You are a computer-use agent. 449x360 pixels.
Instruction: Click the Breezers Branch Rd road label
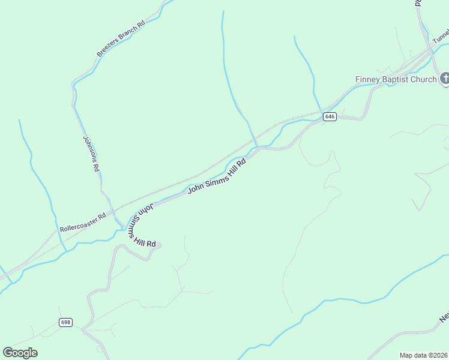121,39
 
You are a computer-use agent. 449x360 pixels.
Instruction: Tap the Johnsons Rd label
91,154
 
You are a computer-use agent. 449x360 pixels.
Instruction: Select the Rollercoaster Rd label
83,221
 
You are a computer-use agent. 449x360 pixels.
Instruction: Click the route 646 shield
329,116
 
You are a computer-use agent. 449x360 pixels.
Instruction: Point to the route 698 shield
65,322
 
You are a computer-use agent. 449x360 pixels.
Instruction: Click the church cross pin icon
445,79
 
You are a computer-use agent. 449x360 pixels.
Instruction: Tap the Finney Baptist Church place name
396,79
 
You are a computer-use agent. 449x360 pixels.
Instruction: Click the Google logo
20,353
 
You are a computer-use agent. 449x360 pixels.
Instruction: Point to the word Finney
367,79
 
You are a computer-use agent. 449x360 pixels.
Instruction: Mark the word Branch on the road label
127,35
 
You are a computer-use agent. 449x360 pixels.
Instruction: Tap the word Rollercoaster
79,223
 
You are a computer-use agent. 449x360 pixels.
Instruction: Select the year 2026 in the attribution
440,355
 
